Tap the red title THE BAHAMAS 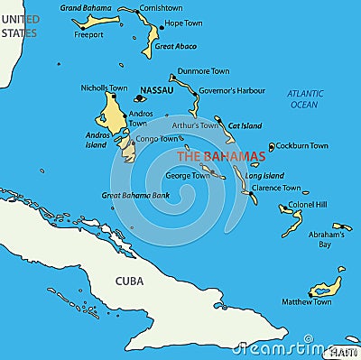pyautogui.click(x=220, y=156)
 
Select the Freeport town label pyautogui.click(x=88, y=35)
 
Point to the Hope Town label pyautogui.click(x=183, y=23)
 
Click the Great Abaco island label pyautogui.click(x=175, y=45)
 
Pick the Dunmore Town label pyautogui.click(x=203, y=70)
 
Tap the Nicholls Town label pyautogui.click(x=104, y=88)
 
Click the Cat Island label pyautogui.click(x=245, y=126)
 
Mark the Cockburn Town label pyautogui.click(x=301, y=145)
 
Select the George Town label pyautogui.click(x=187, y=175)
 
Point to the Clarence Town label pyautogui.click(x=276, y=188)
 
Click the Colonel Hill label pyautogui.click(x=308, y=205)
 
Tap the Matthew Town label pyautogui.click(x=306, y=301)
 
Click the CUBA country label pyautogui.click(x=129, y=281)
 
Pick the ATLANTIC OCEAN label pyautogui.click(x=304, y=99)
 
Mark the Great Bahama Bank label pyautogui.click(x=135, y=195)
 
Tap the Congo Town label pyautogui.click(x=157, y=139)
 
